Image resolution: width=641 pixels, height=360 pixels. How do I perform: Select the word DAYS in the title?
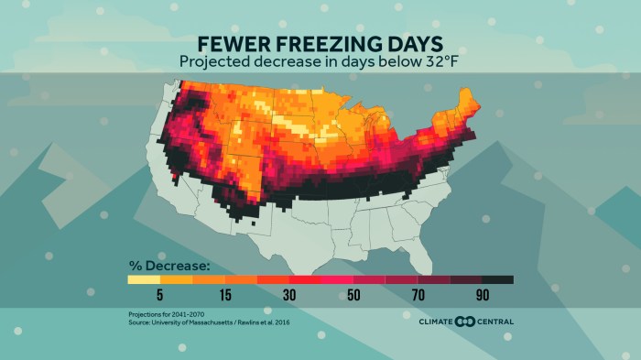[411, 44]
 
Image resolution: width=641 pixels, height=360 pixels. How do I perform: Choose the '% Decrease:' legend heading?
[168, 267]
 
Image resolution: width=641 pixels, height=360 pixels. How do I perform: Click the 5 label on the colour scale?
[159, 296]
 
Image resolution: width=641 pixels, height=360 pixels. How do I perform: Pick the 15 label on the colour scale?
[224, 296]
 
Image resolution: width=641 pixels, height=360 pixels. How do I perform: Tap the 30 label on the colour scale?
[289, 296]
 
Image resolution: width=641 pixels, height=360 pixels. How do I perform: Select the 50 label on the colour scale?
[353, 296]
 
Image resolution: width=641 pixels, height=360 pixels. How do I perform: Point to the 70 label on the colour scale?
[418, 296]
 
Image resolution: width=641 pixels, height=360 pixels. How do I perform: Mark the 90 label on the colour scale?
[482, 296]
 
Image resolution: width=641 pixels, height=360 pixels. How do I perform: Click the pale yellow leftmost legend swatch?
[143, 280]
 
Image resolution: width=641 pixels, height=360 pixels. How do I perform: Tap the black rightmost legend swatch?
[496, 280]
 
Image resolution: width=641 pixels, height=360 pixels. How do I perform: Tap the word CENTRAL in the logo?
[494, 322]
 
